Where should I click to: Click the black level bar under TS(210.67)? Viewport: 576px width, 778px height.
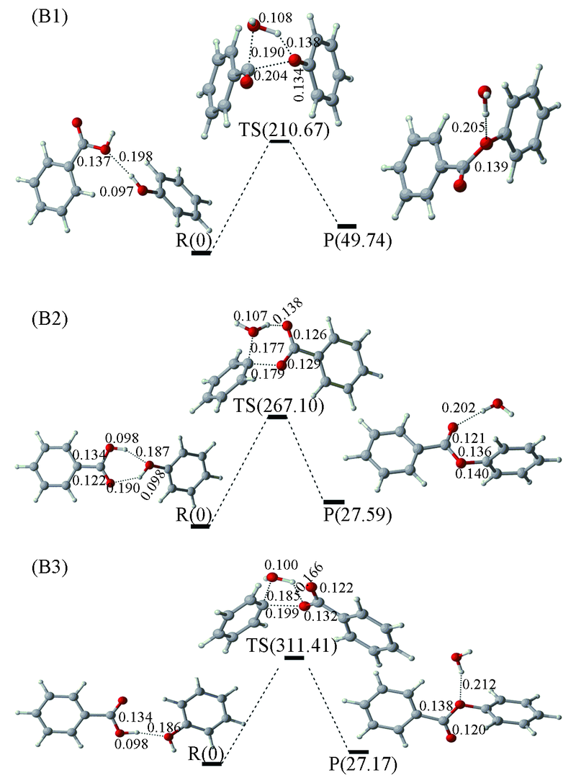[280, 141]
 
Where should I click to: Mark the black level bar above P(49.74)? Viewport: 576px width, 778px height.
[347, 226]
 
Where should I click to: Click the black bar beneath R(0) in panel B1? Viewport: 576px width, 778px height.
[201, 253]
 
